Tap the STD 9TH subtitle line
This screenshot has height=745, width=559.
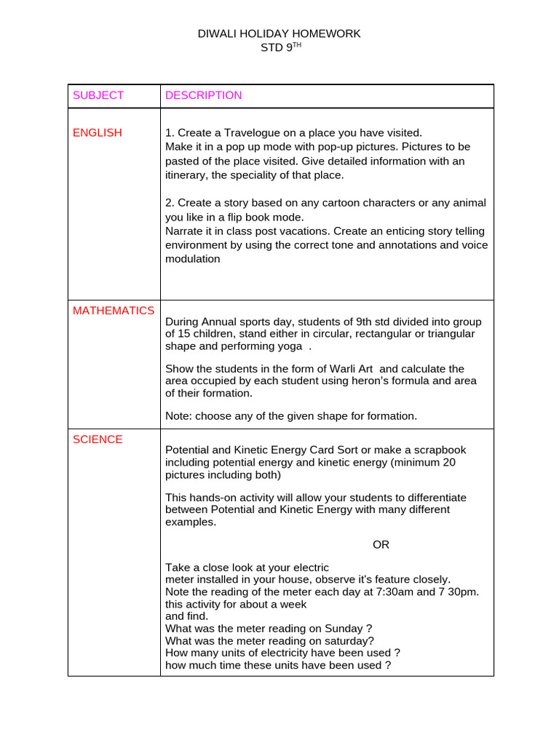pos(279,47)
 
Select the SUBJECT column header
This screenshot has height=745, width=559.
pos(98,95)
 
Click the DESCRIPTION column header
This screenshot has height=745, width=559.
pos(204,95)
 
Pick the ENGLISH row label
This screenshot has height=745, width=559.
pos(98,132)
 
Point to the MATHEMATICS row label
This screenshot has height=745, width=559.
pos(114,311)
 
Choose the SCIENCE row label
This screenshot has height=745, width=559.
pos(98,439)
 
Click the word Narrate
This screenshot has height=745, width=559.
pos(186,231)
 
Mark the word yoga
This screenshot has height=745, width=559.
pos(285,346)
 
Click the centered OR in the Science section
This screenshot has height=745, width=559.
pos(381,545)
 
